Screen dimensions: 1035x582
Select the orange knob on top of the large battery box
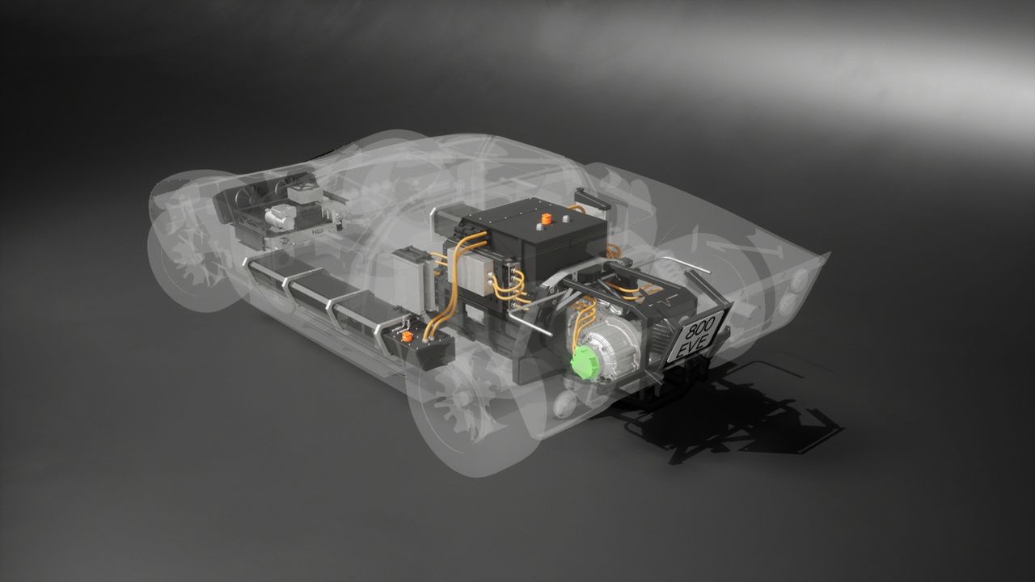tap(547, 219)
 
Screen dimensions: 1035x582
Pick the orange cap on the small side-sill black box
tap(407, 337)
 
